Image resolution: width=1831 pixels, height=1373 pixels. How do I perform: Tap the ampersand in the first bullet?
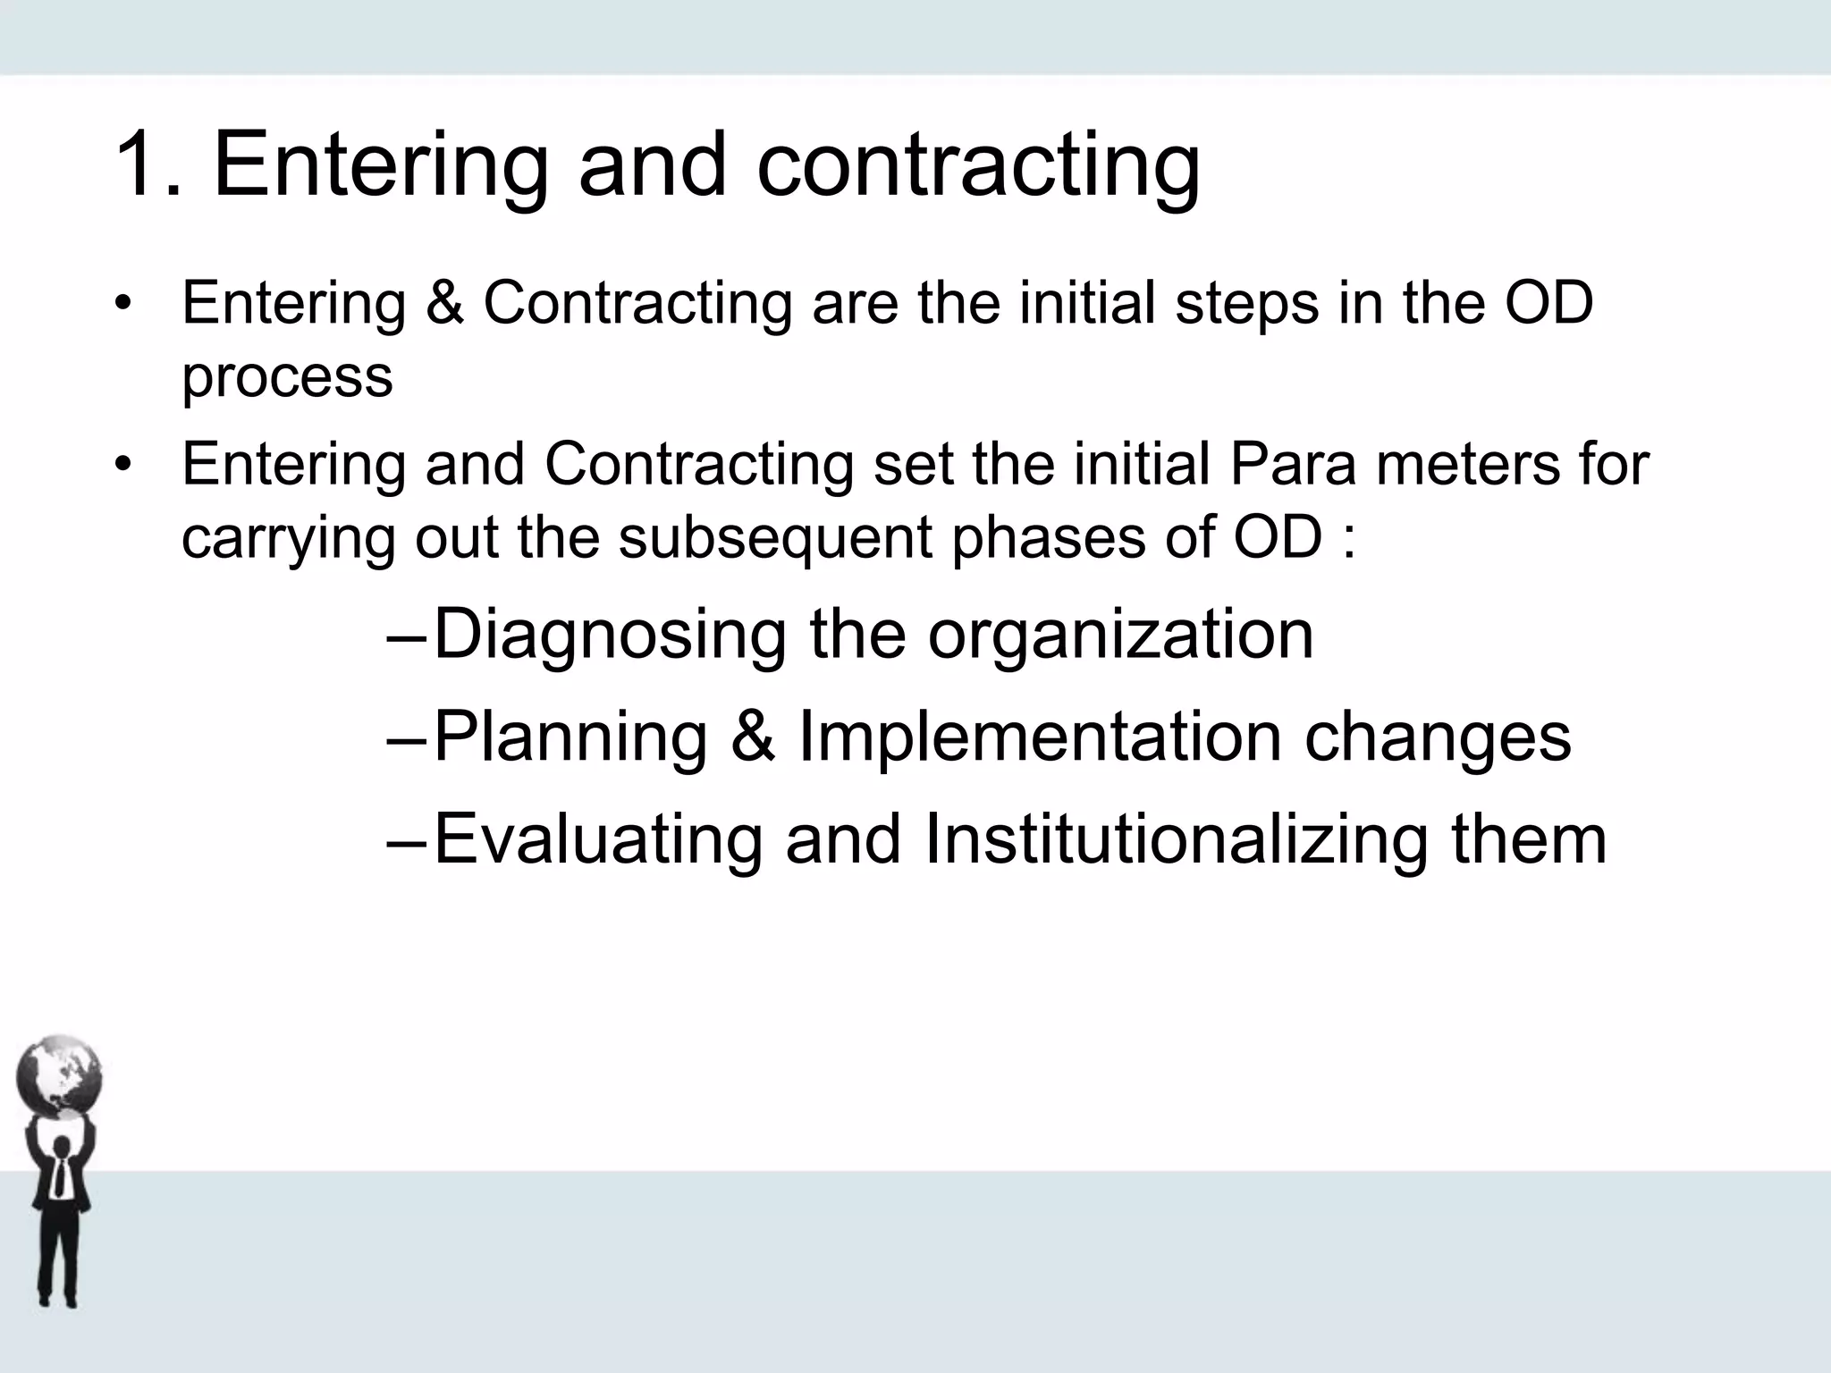444,303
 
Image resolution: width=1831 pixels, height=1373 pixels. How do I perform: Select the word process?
287,377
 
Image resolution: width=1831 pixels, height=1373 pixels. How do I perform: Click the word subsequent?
776,539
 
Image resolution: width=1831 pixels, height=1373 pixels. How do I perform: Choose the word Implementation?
1040,738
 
